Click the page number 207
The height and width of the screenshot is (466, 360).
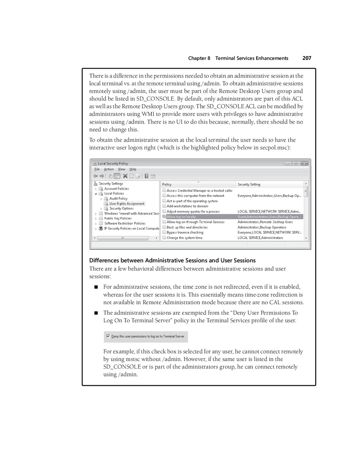pyautogui.click(x=307, y=58)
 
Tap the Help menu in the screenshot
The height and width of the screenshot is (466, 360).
pyautogui.click(x=133, y=169)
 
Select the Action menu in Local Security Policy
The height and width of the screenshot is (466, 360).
pyautogui.click(x=109, y=169)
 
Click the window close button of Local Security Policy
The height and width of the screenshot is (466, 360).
pyautogui.click(x=304, y=163)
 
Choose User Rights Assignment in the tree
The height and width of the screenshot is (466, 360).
pyautogui.click(x=127, y=204)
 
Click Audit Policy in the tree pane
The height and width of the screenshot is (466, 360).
pyautogui.click(x=118, y=199)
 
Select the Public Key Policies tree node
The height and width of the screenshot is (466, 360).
pyautogui.click(x=118, y=218)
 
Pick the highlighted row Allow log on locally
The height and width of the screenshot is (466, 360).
pyautogui.click(x=181, y=217)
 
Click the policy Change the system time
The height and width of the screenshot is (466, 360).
pyautogui.click(x=184, y=238)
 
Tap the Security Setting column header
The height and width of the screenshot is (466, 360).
pyautogui.click(x=249, y=184)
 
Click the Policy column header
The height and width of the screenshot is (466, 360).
pyautogui.click(x=167, y=184)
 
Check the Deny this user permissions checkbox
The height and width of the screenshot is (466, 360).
pyautogui.click(x=108, y=336)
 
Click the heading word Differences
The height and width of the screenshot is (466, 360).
pyautogui.click(x=104, y=260)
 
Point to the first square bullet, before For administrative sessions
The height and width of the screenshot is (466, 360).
pyautogui.click(x=96, y=287)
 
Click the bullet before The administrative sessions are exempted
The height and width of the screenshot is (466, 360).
pyautogui.click(x=96, y=313)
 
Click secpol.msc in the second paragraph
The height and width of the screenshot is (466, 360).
pyautogui.click(x=275, y=148)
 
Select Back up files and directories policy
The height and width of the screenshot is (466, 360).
pyautogui.click(x=187, y=227)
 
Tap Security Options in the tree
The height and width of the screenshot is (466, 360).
pyautogui.click(x=121, y=209)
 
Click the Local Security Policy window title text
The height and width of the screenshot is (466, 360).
pyautogui.click(x=113, y=164)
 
